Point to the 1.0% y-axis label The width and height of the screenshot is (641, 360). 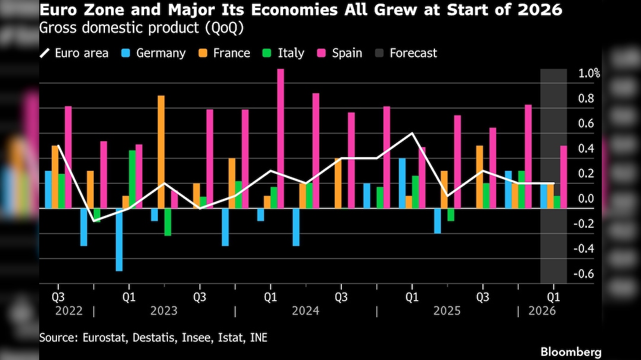589,74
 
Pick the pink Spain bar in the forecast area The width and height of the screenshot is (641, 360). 564,177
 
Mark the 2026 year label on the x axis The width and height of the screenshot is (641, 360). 542,311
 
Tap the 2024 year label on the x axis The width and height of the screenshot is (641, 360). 306,311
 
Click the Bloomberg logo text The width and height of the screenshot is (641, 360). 571,352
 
